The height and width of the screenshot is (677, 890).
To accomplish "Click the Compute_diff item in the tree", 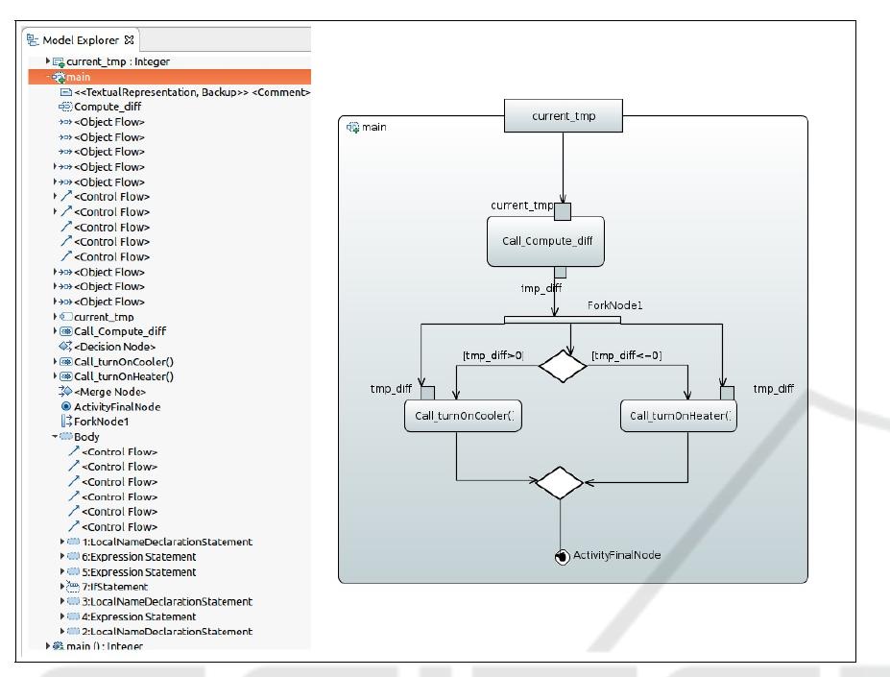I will [x=108, y=107].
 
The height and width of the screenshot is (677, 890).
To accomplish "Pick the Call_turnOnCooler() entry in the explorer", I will [x=124, y=361].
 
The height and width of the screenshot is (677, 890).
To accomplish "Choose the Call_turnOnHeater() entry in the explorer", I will [x=124, y=376].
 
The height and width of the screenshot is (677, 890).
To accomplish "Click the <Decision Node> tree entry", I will [x=114, y=346].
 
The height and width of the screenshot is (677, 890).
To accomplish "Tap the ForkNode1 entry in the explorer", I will [x=101, y=421].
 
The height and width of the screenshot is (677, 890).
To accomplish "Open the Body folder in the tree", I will [x=86, y=436].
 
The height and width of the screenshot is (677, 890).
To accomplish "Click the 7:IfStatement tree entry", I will [x=114, y=586].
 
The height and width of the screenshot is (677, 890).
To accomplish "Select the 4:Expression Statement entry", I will [x=139, y=617].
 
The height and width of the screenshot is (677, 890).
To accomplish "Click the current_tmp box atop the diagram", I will [x=563, y=117].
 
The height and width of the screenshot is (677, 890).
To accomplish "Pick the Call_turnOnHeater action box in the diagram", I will [x=682, y=416].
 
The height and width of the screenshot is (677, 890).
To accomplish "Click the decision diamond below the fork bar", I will [x=563, y=365].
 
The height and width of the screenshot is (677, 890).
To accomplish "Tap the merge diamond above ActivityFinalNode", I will [x=560, y=483].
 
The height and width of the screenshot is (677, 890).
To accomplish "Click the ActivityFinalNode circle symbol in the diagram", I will [x=562, y=557].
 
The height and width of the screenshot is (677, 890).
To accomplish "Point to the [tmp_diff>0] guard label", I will [x=493, y=356].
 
